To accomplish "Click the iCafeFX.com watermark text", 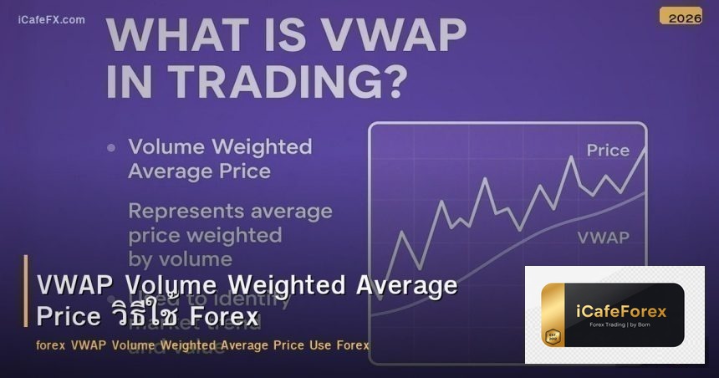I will (x=51, y=19).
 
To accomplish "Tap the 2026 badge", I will (x=681, y=17).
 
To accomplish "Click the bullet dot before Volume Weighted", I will (x=110, y=148).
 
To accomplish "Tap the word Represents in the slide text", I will (x=183, y=211).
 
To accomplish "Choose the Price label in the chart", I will (x=608, y=151).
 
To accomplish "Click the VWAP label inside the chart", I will (x=603, y=238).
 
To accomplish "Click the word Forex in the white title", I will (x=224, y=317).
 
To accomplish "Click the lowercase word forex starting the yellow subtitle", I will (x=51, y=345).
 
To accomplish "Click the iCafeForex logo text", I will (x=621, y=311).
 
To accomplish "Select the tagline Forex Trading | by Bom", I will (x=621, y=329).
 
